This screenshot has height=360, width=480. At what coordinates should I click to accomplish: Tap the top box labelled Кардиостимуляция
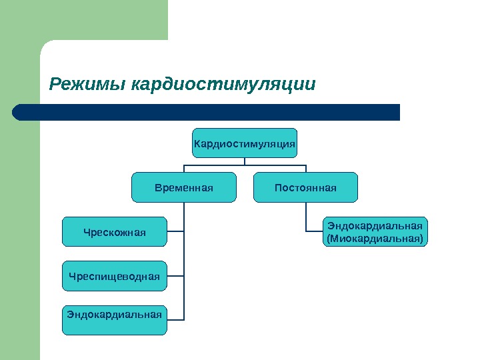(245, 143)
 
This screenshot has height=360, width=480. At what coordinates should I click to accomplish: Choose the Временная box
(184, 187)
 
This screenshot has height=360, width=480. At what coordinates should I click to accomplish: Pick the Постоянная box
(306, 187)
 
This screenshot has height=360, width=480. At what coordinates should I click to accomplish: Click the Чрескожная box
(114, 231)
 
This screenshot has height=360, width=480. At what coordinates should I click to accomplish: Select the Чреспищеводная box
(114, 276)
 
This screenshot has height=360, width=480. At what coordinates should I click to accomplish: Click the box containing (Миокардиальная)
(375, 231)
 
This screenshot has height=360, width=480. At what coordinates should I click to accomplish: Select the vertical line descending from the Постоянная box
(306, 217)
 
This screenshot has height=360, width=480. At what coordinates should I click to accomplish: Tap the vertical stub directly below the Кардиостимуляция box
(245, 161)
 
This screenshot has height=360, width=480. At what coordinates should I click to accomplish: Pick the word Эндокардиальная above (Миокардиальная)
(375, 225)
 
